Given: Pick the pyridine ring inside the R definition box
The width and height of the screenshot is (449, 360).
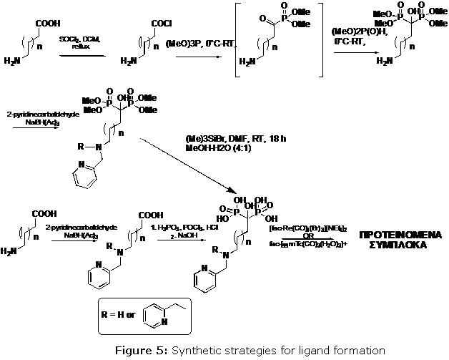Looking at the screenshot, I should pyautogui.click(x=156, y=316).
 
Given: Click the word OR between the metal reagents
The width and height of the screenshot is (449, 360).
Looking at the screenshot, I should pyautogui.click(x=339, y=238).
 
